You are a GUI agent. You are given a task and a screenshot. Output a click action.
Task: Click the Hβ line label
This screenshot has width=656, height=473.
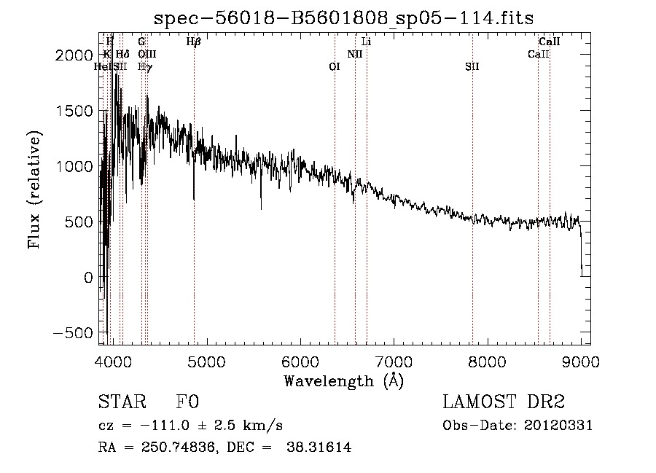[x=193, y=42]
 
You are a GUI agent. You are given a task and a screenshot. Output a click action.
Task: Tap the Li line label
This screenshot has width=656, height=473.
[x=367, y=42]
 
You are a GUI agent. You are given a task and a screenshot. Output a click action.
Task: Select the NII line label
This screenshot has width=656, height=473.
[x=355, y=54]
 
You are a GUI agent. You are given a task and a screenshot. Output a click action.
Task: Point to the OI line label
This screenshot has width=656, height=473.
[x=335, y=66]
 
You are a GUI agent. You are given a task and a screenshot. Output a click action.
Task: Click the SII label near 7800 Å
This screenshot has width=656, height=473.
[x=472, y=66]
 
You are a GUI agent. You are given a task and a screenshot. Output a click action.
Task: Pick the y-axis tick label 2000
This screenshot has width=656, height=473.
[x=77, y=55]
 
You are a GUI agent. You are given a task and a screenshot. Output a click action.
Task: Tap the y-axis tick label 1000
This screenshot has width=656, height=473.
[x=77, y=167]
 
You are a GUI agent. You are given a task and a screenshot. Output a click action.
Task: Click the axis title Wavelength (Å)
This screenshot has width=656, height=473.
[x=343, y=380]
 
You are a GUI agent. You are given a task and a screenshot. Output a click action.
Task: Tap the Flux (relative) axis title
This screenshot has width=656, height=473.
[x=35, y=189]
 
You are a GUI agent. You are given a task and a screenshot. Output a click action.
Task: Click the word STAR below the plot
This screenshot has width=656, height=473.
[x=121, y=402]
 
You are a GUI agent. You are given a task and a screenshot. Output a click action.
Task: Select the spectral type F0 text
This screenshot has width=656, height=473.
[x=187, y=402]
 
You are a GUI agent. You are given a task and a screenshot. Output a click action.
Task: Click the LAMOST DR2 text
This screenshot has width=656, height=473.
[x=504, y=402]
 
